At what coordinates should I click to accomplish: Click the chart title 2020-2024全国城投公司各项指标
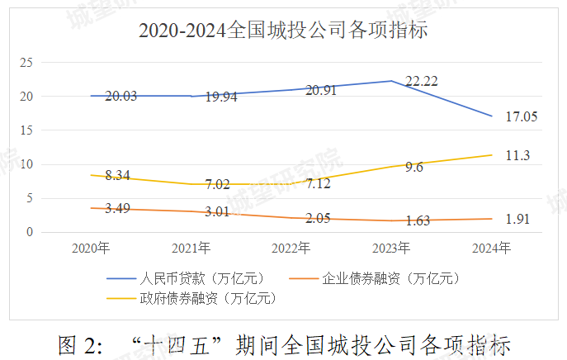[x=282, y=31]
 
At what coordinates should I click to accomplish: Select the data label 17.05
[x=520, y=117]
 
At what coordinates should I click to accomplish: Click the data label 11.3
[x=517, y=155]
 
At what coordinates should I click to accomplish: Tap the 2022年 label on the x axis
[x=291, y=248]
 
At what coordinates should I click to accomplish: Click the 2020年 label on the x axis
[x=91, y=248]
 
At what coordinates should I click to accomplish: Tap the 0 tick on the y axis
[x=29, y=232]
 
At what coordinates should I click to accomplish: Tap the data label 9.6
[x=413, y=166]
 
